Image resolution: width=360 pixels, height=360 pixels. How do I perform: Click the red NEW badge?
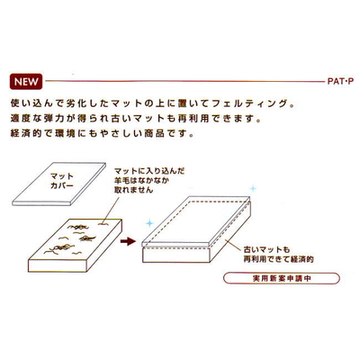pyautogui.click(x=26, y=82)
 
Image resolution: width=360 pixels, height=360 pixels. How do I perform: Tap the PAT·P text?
pyautogui.click(x=340, y=82)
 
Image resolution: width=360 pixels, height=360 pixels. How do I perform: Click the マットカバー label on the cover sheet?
pyautogui.click(x=62, y=181)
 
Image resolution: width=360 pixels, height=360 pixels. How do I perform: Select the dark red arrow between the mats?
pyautogui.click(x=128, y=240)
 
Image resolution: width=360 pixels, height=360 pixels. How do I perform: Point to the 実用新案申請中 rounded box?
pyautogui.click(x=282, y=278)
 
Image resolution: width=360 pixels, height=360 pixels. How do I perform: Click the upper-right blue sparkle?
pyautogui.click(x=253, y=189)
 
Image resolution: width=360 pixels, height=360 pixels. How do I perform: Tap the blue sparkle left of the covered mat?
pyautogui.click(x=149, y=223)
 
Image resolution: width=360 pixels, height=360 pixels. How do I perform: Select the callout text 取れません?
pyautogui.click(x=133, y=190)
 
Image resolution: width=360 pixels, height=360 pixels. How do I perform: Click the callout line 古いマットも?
pyautogui.click(x=266, y=249)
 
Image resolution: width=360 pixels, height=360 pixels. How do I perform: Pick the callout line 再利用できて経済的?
pyautogui.click(x=278, y=259)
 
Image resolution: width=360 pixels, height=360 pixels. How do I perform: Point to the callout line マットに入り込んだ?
pyautogui.click(x=149, y=171)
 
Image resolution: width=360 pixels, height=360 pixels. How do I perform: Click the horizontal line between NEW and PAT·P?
pyautogui.click(x=185, y=81)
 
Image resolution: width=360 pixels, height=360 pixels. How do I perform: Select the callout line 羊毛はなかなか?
pyautogui.click(x=141, y=181)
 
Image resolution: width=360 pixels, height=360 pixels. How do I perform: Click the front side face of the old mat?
pyautogui.click(x=58, y=265)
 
